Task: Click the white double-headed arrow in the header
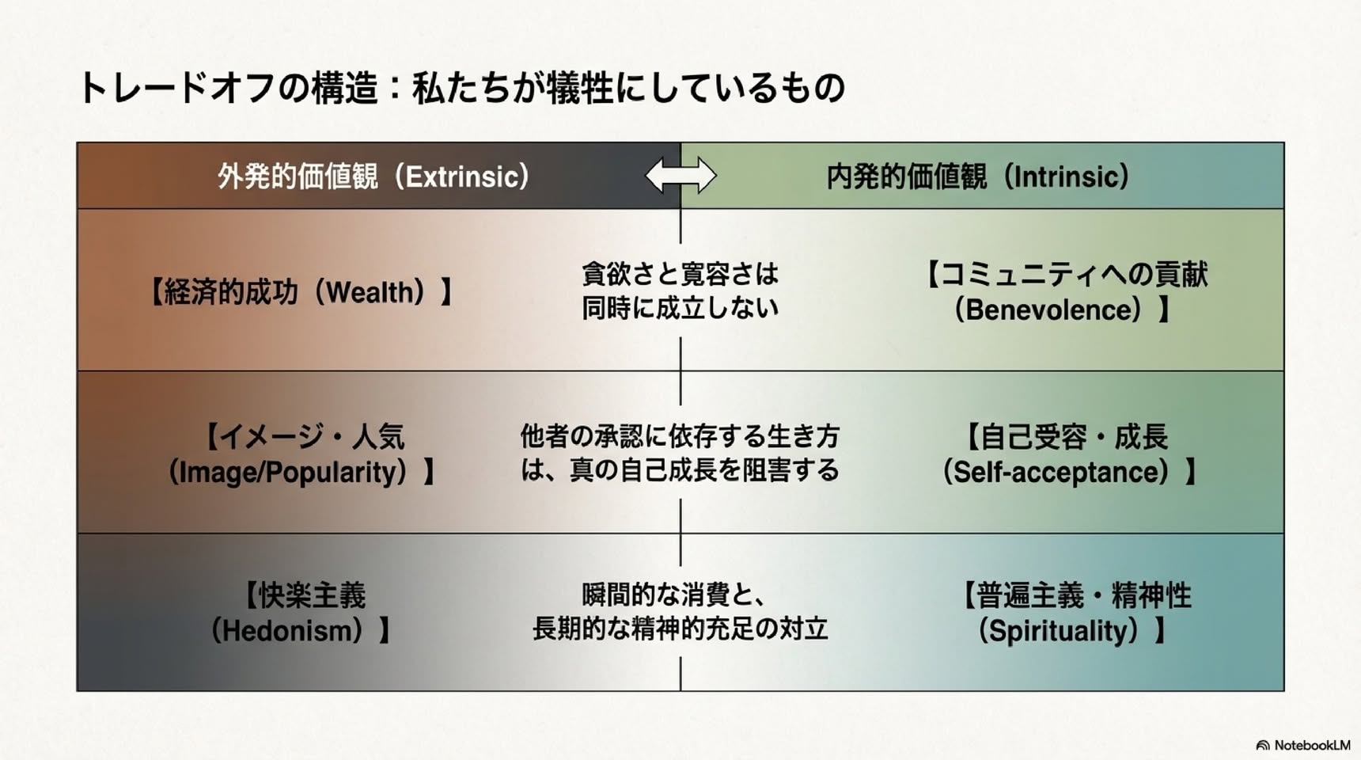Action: [680, 175]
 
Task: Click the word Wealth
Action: [370, 292]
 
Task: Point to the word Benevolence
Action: [1053, 310]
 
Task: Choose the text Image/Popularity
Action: [292, 472]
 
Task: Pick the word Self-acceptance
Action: [1060, 472]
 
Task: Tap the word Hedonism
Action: [291, 631]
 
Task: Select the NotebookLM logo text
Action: [1312, 745]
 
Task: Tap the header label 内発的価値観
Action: [907, 177]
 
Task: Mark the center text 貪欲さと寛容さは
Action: [680, 274]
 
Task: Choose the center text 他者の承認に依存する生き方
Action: [680, 436]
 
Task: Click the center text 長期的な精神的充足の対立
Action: [680, 629]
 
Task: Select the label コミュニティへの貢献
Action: [1074, 275]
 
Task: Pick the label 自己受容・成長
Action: [1074, 436]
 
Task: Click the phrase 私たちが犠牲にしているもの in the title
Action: [629, 87]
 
